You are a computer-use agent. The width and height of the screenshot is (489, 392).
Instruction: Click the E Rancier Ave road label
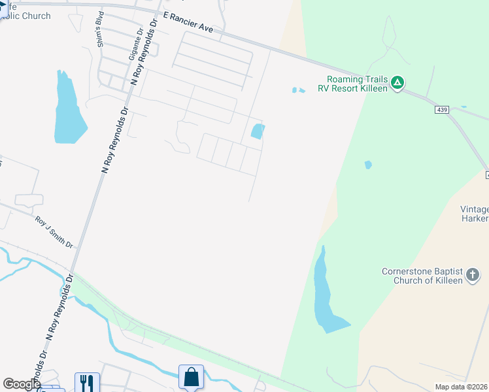click(188, 24)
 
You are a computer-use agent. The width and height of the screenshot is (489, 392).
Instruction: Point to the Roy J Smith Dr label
click(54, 232)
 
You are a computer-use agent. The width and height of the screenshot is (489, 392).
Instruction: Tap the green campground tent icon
click(397, 83)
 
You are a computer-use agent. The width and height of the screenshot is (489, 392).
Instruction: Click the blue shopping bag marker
click(191, 377)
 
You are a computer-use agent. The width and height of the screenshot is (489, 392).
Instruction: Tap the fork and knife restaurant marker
click(87, 382)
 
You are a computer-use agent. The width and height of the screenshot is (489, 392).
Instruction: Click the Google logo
click(22, 384)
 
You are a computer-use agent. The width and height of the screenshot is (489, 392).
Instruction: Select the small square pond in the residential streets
click(258, 131)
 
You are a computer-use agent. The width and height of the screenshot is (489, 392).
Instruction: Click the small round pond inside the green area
click(368, 165)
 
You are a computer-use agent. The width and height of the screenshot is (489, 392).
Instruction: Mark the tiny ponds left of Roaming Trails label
click(298, 90)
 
